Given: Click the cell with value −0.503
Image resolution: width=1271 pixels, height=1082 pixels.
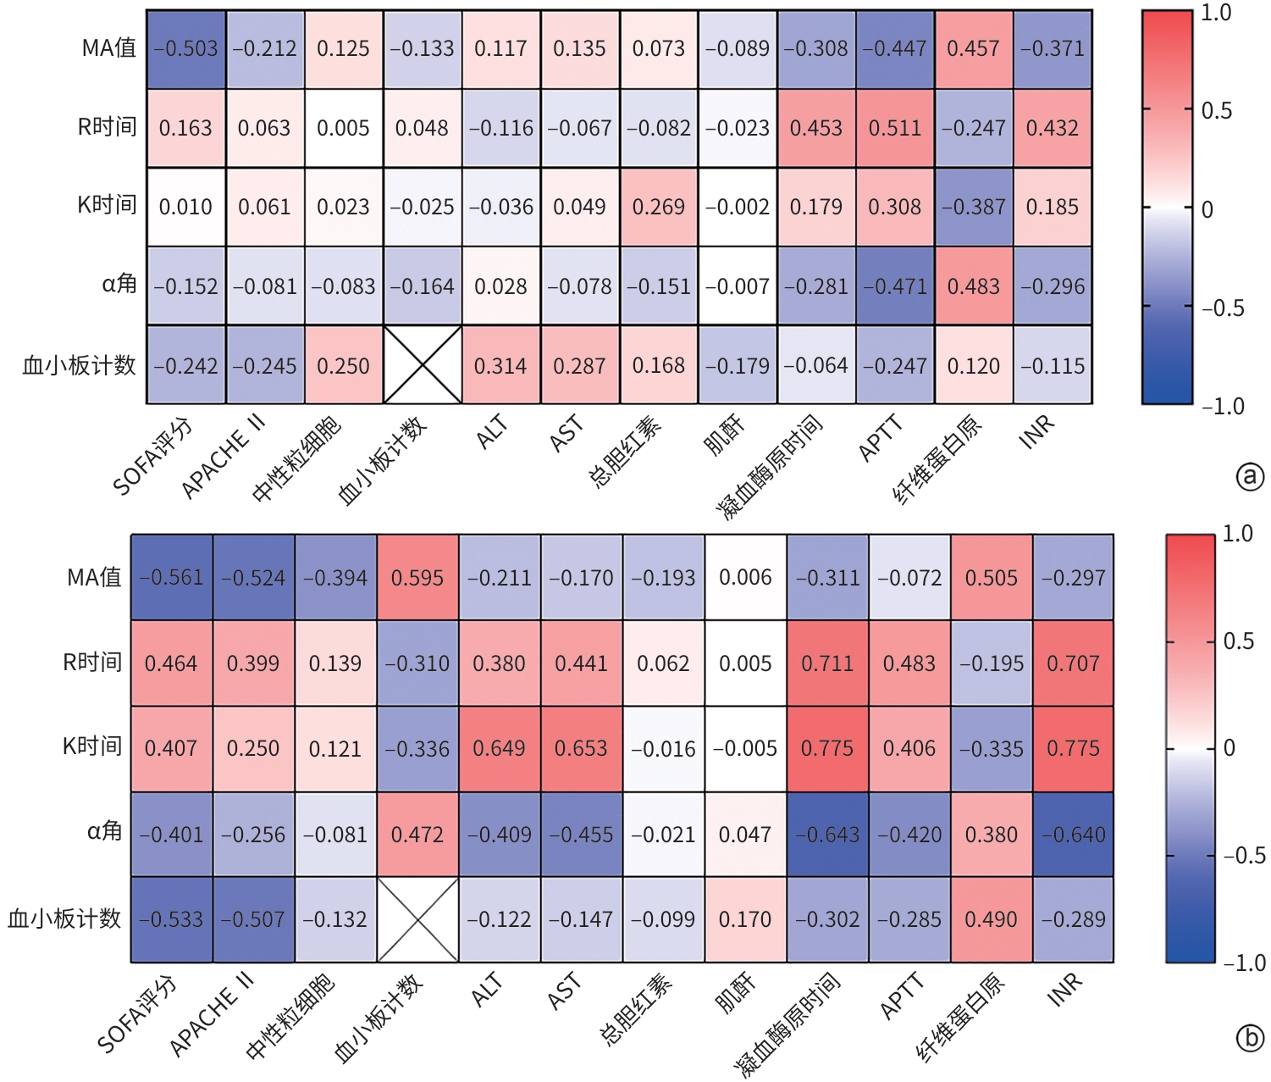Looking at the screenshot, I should click(x=186, y=49).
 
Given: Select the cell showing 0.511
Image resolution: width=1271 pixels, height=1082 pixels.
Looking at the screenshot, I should click(x=895, y=128).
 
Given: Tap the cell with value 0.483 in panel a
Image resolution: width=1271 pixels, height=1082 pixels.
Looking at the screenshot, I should click(x=974, y=286).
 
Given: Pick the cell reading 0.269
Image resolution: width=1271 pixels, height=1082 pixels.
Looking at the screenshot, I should click(x=659, y=207).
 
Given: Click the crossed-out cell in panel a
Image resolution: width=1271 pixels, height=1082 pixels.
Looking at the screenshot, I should click(x=423, y=365).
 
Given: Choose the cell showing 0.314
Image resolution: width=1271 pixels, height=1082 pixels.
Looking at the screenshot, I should click(x=500, y=365).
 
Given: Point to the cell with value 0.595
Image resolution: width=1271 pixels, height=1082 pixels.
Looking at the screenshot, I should click(x=417, y=578).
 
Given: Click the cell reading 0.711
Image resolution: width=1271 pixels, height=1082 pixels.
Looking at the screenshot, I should click(x=827, y=663).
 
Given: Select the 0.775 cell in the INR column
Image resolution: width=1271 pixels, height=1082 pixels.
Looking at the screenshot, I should click(x=1073, y=749).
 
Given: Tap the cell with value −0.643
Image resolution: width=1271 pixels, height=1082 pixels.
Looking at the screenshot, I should click(x=827, y=835).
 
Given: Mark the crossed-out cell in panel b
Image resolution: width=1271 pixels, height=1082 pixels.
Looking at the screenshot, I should click(x=417, y=919).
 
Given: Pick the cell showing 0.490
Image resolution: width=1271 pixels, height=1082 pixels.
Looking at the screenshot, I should click(x=992, y=919).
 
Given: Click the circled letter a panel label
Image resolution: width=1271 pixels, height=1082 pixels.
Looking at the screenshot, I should click(x=1250, y=477).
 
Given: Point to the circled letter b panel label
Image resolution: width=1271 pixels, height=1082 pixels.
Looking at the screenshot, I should click(x=1250, y=1038).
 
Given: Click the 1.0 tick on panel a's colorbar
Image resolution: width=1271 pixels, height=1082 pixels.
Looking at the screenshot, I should click(x=1216, y=14).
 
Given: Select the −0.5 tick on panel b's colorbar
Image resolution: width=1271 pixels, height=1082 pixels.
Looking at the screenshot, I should click(x=1243, y=855).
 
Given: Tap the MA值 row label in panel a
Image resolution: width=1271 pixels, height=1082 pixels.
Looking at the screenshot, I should click(x=108, y=48).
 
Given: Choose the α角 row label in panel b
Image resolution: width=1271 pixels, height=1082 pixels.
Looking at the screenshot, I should click(x=104, y=832).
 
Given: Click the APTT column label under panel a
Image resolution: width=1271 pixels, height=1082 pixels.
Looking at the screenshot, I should click(x=881, y=439).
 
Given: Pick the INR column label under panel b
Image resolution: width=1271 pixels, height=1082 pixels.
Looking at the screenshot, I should click(x=1064, y=990).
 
